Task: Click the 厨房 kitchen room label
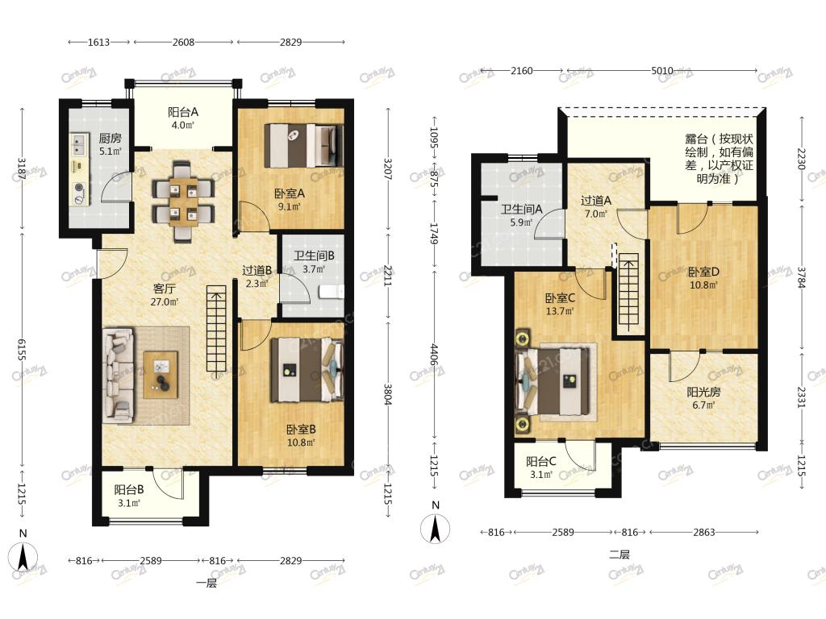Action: [x=110, y=138]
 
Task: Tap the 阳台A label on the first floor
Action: [x=183, y=111]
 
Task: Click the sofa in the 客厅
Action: [x=118, y=376]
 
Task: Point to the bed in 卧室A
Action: [x=304, y=145]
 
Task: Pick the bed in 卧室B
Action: [x=307, y=370]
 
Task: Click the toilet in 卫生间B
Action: [x=332, y=292]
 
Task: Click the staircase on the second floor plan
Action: [x=628, y=293]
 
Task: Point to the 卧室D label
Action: [x=703, y=272]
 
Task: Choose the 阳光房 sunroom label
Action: [x=703, y=393]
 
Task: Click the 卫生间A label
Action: [x=521, y=210]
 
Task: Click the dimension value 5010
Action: [x=662, y=71]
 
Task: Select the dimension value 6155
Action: [x=22, y=349]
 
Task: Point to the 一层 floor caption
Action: [x=206, y=583]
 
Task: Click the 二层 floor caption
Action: [x=619, y=555]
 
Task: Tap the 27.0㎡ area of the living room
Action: [x=164, y=302]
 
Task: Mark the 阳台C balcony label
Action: [x=541, y=462]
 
